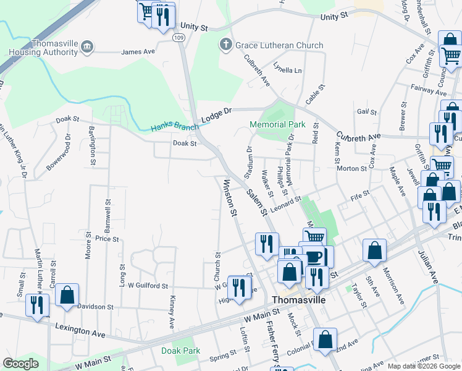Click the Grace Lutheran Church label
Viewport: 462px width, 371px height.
pos(280,45)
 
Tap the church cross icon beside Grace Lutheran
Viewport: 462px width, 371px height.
pos(226,45)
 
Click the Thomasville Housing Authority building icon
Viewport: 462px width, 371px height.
pos(87,46)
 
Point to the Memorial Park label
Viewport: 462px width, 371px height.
pos(277,124)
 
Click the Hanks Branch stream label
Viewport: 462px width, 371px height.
pos(175,127)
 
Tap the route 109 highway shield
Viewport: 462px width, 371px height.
pos(178,38)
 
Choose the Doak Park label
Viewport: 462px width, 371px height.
pos(180,350)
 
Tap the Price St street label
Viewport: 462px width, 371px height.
pos(106,238)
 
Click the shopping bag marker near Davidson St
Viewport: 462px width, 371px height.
pos(67,295)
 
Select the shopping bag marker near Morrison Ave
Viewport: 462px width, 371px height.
pos(374,250)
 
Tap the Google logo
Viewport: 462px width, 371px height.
pos(20,364)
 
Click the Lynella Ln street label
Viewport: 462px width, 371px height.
pos(288,70)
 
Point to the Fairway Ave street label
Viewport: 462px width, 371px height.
pos(424,88)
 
